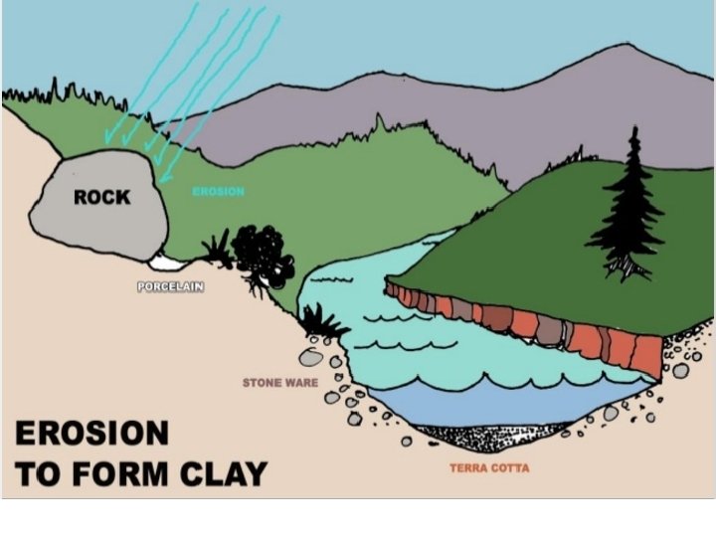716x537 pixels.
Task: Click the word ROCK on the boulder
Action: [x=101, y=197]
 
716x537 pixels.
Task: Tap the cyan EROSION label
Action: [x=218, y=191]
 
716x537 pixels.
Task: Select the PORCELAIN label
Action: [x=170, y=287]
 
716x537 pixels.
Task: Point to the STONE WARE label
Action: [x=280, y=382]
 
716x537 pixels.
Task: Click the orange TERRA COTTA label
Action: [x=489, y=467]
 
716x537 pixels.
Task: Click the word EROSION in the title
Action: [x=91, y=434]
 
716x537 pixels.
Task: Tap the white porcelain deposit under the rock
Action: [x=166, y=264]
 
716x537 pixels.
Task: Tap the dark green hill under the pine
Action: [x=537, y=239]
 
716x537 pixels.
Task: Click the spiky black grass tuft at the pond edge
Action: [x=320, y=321]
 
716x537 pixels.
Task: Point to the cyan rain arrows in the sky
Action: [x=199, y=70]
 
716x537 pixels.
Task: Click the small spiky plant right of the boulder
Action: [x=216, y=250]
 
